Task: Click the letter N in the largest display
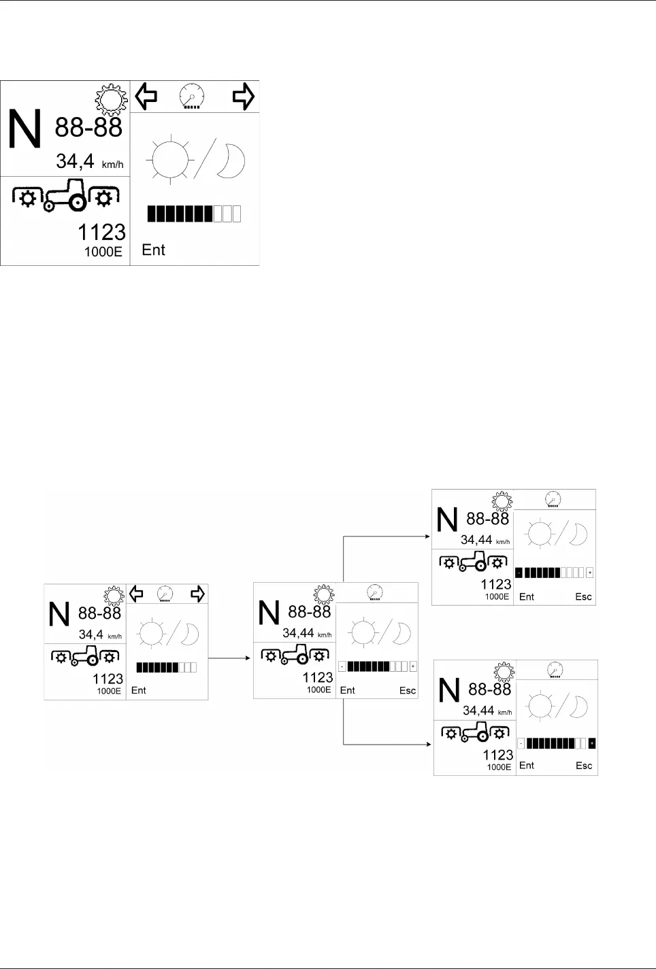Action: tap(24, 128)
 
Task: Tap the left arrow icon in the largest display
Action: tap(146, 96)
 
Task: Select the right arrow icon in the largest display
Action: tap(244, 96)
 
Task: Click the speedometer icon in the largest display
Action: tap(192, 96)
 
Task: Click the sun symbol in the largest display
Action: tap(171, 160)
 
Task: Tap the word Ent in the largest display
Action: tap(154, 250)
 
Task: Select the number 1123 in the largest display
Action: tap(102, 233)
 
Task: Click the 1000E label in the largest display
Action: tap(103, 252)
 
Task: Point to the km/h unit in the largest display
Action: tap(112, 165)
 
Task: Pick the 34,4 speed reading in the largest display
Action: tap(75, 161)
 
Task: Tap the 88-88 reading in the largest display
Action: tap(88, 128)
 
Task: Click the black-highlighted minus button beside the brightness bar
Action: tap(519, 573)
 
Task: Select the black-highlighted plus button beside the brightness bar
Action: tap(592, 743)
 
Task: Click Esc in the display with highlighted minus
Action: tap(583, 596)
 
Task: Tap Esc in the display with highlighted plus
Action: tap(584, 765)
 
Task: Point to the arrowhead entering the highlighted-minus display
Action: tap(428, 537)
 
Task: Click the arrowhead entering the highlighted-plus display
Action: tap(429, 745)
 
